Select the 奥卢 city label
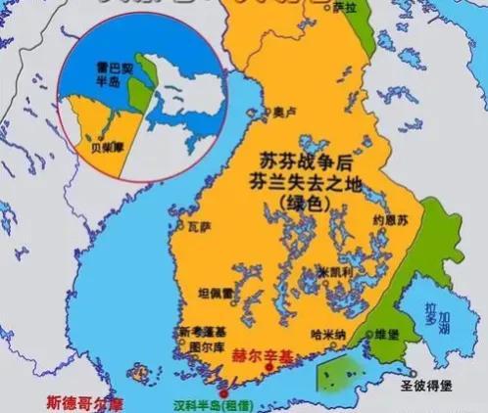click(x=284, y=112)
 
